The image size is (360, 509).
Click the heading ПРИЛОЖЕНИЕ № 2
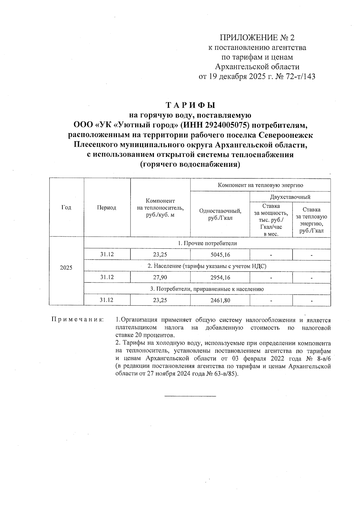[257, 38]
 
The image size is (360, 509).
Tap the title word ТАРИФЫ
[190, 105]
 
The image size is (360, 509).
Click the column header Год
[66, 208]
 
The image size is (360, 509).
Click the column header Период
[106, 208]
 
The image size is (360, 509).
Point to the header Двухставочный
[290, 197]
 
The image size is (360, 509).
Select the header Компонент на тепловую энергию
[260, 185]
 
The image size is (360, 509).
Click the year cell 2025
[66, 268]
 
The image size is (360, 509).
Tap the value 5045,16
[220, 255]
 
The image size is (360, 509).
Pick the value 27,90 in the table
[160, 277]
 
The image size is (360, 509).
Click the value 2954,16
[220, 277]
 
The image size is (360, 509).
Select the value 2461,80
[220, 300]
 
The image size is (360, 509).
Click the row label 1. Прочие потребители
[207, 243]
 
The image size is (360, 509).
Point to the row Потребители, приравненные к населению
[207, 289]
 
